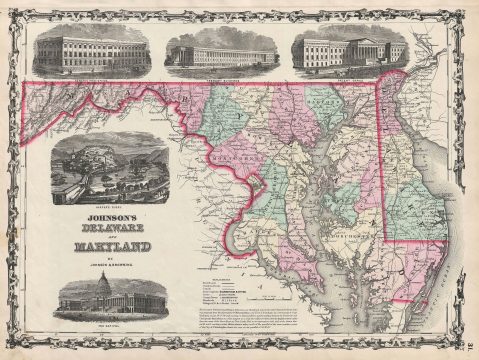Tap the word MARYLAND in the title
coord(111,246)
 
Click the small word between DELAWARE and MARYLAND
coord(111,236)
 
